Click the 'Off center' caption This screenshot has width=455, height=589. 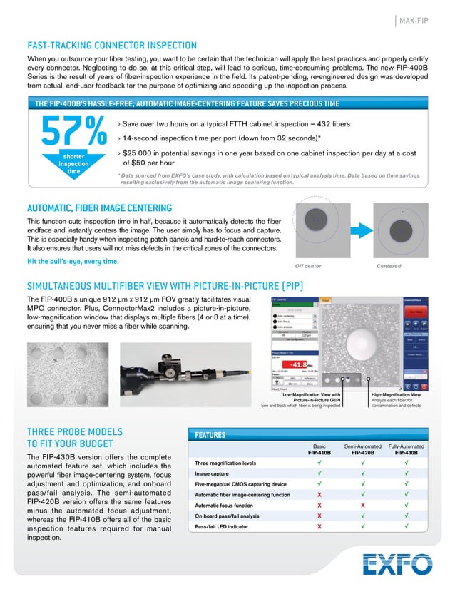point(308,266)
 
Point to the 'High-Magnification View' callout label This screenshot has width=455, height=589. point(396,394)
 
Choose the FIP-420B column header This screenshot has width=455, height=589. point(360,451)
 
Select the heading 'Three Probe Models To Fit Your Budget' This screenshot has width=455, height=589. point(74,437)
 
